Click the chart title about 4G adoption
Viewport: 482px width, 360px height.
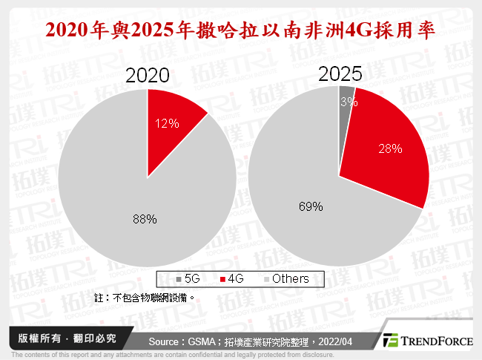click(x=240, y=31)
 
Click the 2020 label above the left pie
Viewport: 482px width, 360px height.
click(x=148, y=76)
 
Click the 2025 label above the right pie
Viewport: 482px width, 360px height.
click(x=340, y=73)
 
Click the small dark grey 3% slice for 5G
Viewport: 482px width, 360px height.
click(x=346, y=97)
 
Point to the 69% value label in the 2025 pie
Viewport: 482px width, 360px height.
click(x=310, y=207)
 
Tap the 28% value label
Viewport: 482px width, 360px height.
click(x=390, y=148)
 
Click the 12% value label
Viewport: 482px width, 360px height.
click(x=167, y=124)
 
